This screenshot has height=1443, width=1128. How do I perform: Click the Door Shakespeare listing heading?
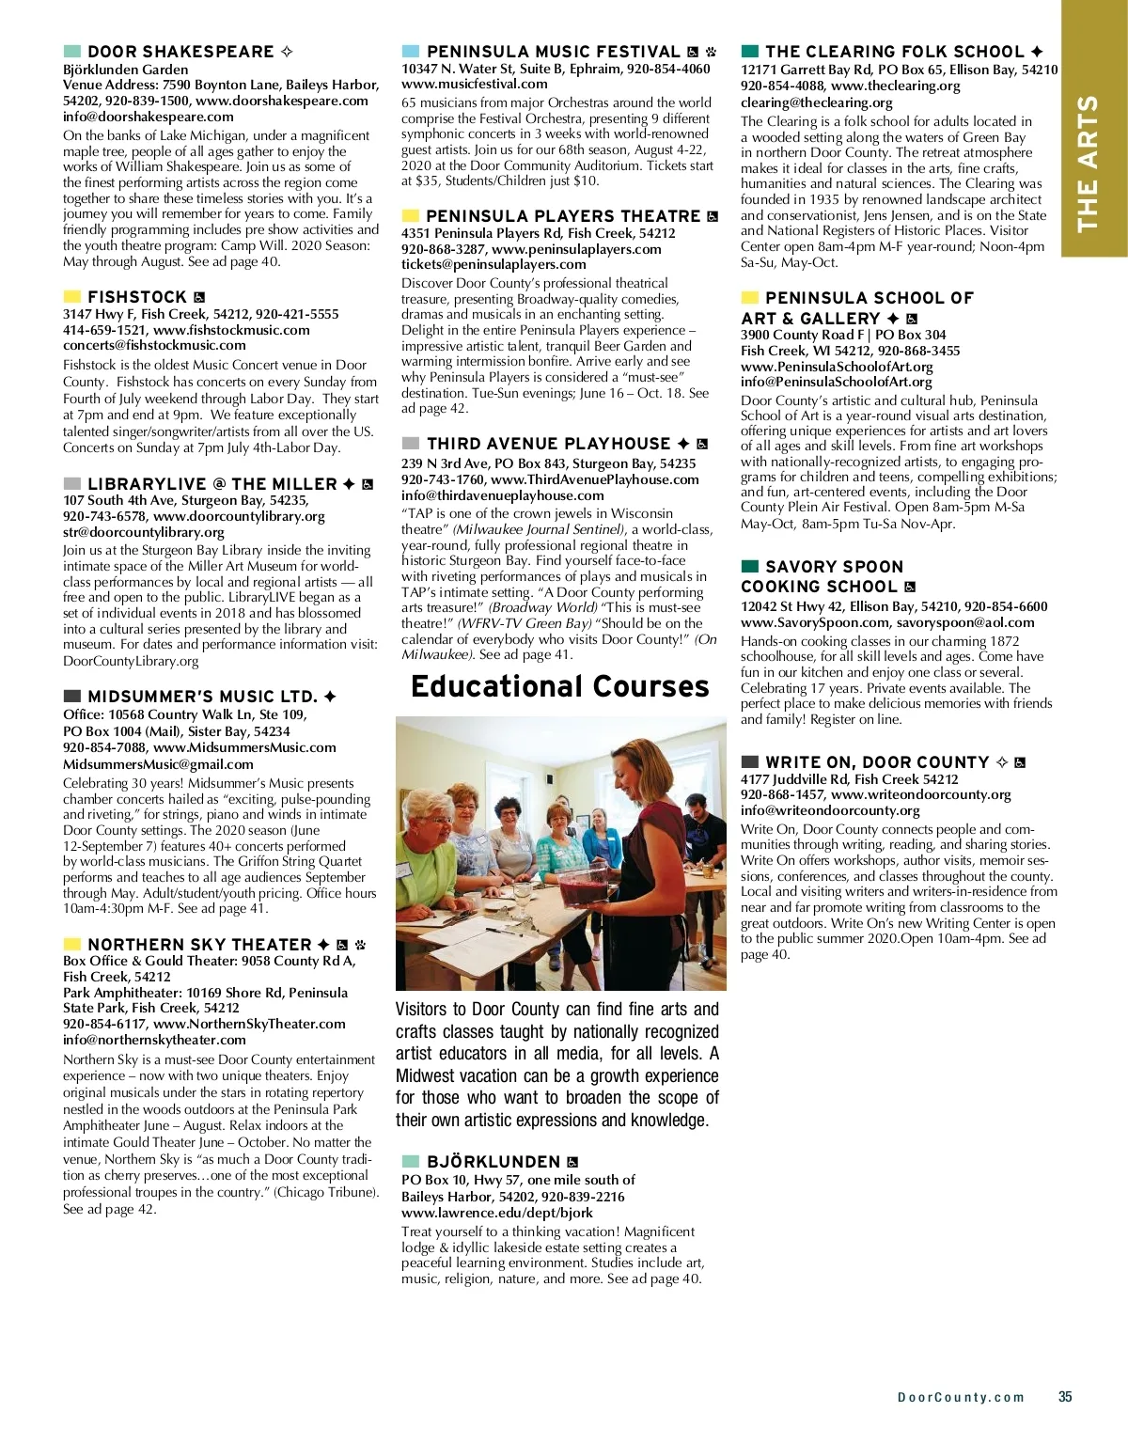180,52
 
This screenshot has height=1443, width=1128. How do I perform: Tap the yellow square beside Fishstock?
72,297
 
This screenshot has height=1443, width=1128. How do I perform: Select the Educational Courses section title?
560,686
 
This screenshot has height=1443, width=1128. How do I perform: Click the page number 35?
1065,1397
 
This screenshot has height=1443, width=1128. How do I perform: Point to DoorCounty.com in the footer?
961,1398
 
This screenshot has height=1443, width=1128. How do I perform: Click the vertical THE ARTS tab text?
1088,163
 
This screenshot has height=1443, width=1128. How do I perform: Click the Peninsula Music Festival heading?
553,52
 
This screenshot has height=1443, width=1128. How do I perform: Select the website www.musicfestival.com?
462,85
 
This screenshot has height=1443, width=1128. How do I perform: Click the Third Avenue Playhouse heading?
549,444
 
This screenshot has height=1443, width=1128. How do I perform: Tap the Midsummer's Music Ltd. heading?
202,697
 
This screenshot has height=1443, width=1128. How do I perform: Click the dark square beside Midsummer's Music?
72,697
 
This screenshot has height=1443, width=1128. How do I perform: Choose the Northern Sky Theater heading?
199,945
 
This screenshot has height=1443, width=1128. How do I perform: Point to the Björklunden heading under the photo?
493,1162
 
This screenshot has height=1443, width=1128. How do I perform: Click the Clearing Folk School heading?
894,52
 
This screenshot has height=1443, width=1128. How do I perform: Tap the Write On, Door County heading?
877,762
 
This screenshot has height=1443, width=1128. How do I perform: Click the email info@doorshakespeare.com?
149,117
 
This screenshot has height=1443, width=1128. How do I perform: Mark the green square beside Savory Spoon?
750,567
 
